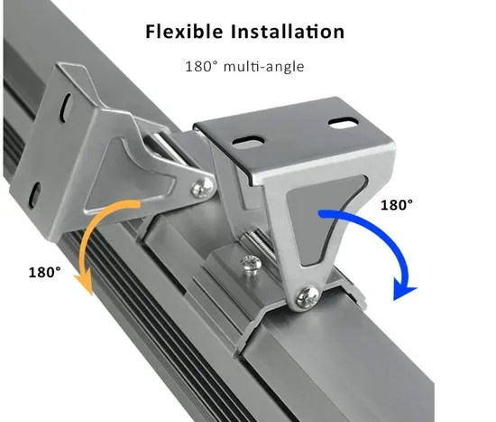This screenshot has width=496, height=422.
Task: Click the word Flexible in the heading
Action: [184, 32]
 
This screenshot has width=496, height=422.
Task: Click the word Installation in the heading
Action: [287, 32]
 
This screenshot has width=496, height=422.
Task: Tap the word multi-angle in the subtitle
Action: [264, 67]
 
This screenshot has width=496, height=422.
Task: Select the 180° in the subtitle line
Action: [201, 67]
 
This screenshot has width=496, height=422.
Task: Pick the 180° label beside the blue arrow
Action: [397, 205]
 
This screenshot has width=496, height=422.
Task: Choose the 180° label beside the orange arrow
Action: [44, 272]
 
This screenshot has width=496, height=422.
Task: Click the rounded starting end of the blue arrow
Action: [322, 214]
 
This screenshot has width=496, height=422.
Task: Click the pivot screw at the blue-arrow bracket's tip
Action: [308, 297]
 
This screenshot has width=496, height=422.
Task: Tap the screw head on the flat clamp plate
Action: [252, 263]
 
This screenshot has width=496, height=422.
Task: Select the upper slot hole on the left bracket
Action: [68, 107]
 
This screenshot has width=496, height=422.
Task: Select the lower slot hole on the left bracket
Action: [36, 192]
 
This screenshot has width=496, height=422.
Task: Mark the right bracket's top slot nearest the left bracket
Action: [248, 141]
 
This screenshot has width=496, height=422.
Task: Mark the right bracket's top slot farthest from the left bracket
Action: [344, 123]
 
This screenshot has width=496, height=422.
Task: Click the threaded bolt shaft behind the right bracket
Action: [259, 243]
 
